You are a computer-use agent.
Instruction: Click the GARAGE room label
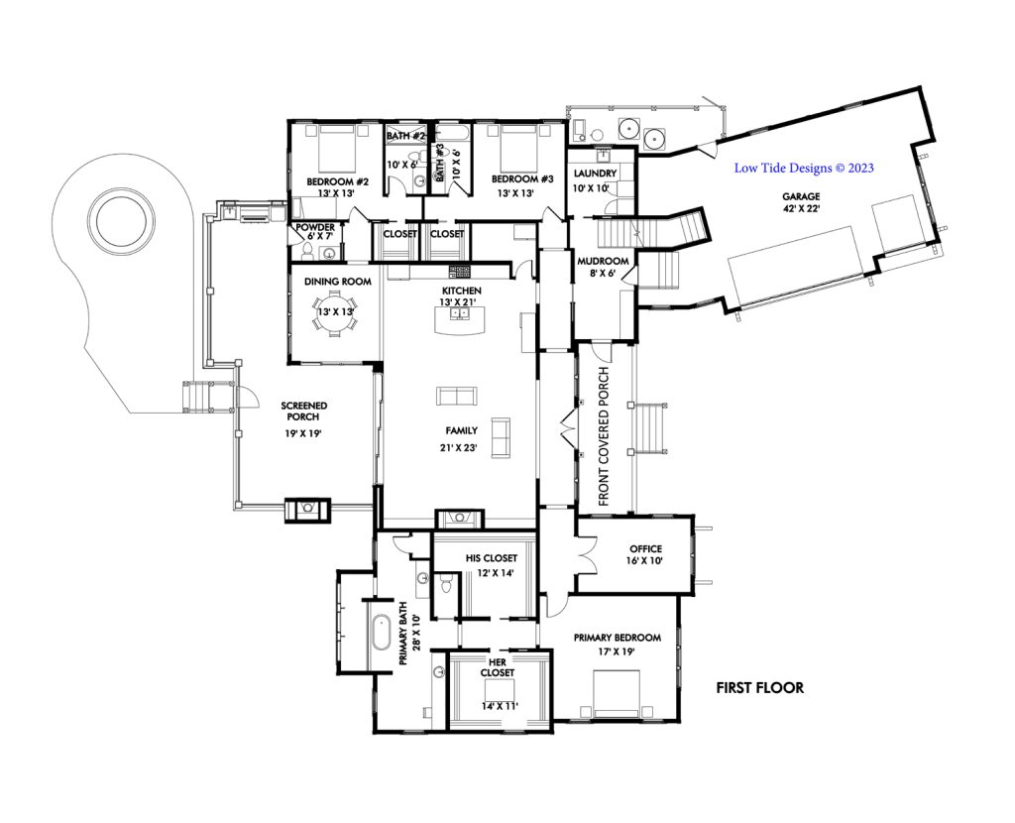[801, 196]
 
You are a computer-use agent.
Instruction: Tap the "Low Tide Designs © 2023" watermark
[803, 168]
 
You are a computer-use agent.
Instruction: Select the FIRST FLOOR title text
[760, 688]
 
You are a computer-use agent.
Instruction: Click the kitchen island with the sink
[461, 320]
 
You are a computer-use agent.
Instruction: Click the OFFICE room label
[645, 549]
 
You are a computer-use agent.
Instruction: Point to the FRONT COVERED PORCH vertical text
[604, 436]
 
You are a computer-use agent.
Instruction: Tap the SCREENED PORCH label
[303, 411]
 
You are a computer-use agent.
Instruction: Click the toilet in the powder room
[308, 250]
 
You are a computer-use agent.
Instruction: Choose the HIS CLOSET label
[492, 557]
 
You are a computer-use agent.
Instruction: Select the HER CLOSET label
[498, 667]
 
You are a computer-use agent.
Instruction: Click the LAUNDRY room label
[595, 174]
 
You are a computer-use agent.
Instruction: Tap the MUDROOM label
[603, 261]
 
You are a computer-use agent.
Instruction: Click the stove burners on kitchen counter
[459, 272]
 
